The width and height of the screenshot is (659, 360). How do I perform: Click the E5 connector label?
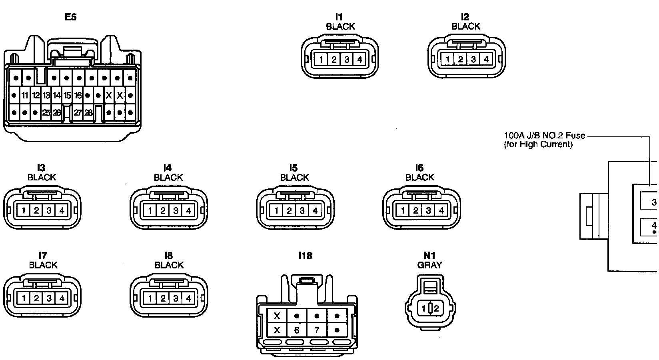click(70, 17)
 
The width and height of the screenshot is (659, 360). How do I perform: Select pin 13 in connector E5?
click(46, 96)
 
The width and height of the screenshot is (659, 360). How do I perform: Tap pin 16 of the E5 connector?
click(78, 96)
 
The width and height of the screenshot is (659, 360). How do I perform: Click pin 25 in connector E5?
click(46, 113)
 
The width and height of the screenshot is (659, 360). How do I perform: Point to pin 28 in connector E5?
click(88, 113)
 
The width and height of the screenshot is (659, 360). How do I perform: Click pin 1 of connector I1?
click(321, 60)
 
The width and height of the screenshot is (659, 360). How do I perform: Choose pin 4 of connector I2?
click(486, 60)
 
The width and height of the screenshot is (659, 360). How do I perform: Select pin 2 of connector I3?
click(36, 210)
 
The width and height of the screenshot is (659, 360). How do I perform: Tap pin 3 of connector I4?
click(175, 210)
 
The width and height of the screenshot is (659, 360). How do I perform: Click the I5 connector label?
click(294, 168)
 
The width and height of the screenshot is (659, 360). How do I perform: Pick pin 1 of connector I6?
click(403, 210)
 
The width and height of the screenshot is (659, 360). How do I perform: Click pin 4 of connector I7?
click(62, 298)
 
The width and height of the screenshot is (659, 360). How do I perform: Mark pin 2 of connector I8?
click(162, 298)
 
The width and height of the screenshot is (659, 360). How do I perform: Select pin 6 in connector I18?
click(297, 330)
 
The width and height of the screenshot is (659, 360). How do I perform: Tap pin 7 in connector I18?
click(317, 330)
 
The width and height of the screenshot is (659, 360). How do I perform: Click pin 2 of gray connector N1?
click(436, 308)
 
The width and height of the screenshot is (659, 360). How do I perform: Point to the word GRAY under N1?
click(429, 265)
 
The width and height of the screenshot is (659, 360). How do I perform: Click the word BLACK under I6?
click(419, 177)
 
